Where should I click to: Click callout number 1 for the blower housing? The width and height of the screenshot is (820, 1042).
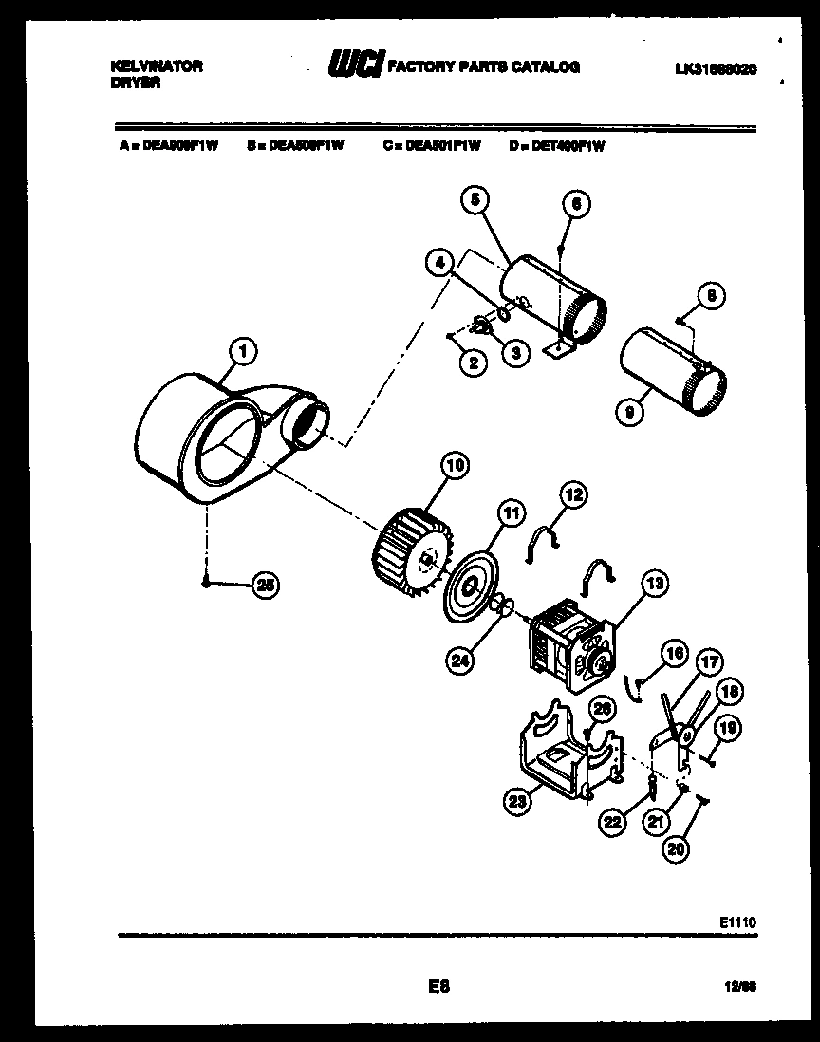point(244,352)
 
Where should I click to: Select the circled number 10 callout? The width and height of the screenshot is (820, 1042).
point(455,465)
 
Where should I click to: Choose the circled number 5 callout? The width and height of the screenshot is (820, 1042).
point(476,199)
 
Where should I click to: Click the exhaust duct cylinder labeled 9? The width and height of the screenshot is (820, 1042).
point(669,372)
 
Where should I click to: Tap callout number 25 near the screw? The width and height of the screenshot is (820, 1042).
point(268,586)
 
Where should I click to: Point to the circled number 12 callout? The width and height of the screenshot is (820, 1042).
point(573,493)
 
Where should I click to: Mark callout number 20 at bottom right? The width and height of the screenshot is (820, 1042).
point(675,849)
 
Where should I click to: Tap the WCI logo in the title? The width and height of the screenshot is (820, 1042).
point(355,65)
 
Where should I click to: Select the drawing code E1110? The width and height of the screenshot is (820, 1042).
point(736,921)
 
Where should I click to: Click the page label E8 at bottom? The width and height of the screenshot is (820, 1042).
point(438,986)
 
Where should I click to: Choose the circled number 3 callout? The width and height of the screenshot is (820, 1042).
point(514,353)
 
